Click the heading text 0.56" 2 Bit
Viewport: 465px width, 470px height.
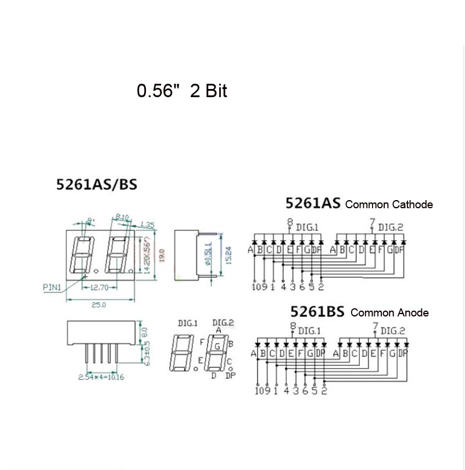point(181,91)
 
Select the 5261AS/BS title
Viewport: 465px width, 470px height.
point(97,185)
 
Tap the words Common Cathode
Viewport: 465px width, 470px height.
point(389,204)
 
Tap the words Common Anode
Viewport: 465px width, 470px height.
point(389,312)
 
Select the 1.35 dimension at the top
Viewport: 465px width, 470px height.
point(146,225)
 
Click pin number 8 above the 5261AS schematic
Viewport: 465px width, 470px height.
point(289,222)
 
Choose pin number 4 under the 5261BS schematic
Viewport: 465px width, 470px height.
point(285,390)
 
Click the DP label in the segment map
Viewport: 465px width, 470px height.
point(231,375)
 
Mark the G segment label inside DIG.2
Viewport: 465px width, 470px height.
point(217,347)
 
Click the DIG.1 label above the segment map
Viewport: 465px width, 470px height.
point(187,323)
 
